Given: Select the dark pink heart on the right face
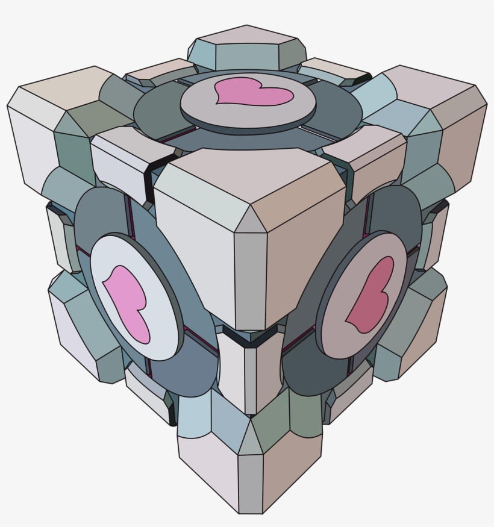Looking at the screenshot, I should click(369, 295).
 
